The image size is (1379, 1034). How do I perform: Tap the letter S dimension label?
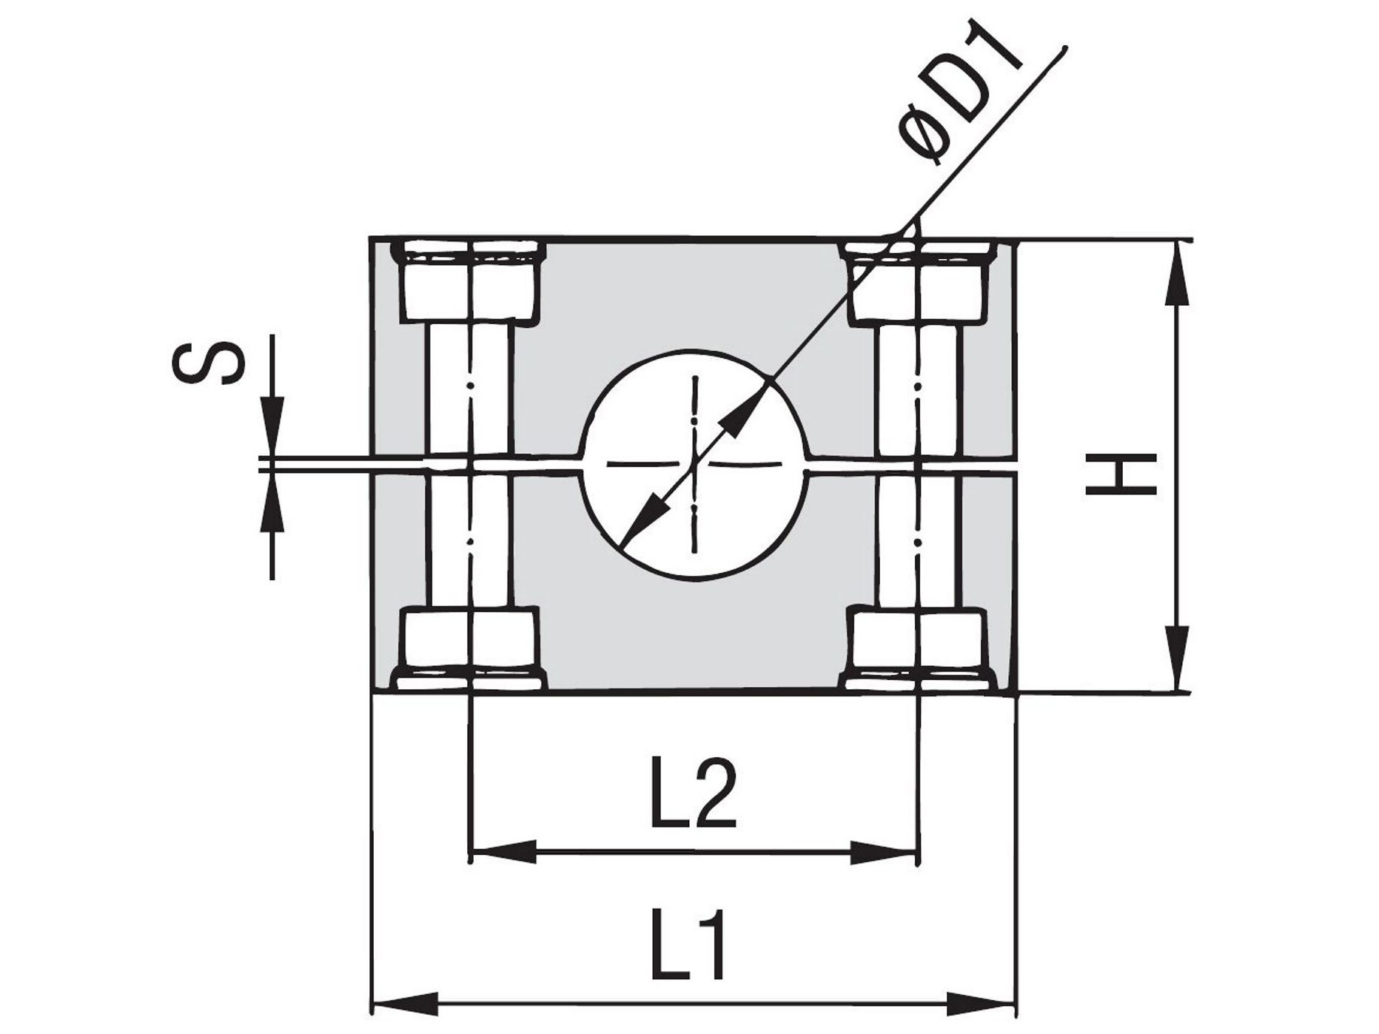pos(208,363)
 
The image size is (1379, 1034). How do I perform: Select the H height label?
pos(1121,474)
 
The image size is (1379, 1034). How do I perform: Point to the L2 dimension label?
pos(693,793)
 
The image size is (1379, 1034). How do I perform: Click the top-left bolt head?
pos(468,281)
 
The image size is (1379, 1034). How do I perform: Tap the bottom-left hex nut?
pos(468,649)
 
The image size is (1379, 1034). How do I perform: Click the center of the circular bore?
pos(694,464)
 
